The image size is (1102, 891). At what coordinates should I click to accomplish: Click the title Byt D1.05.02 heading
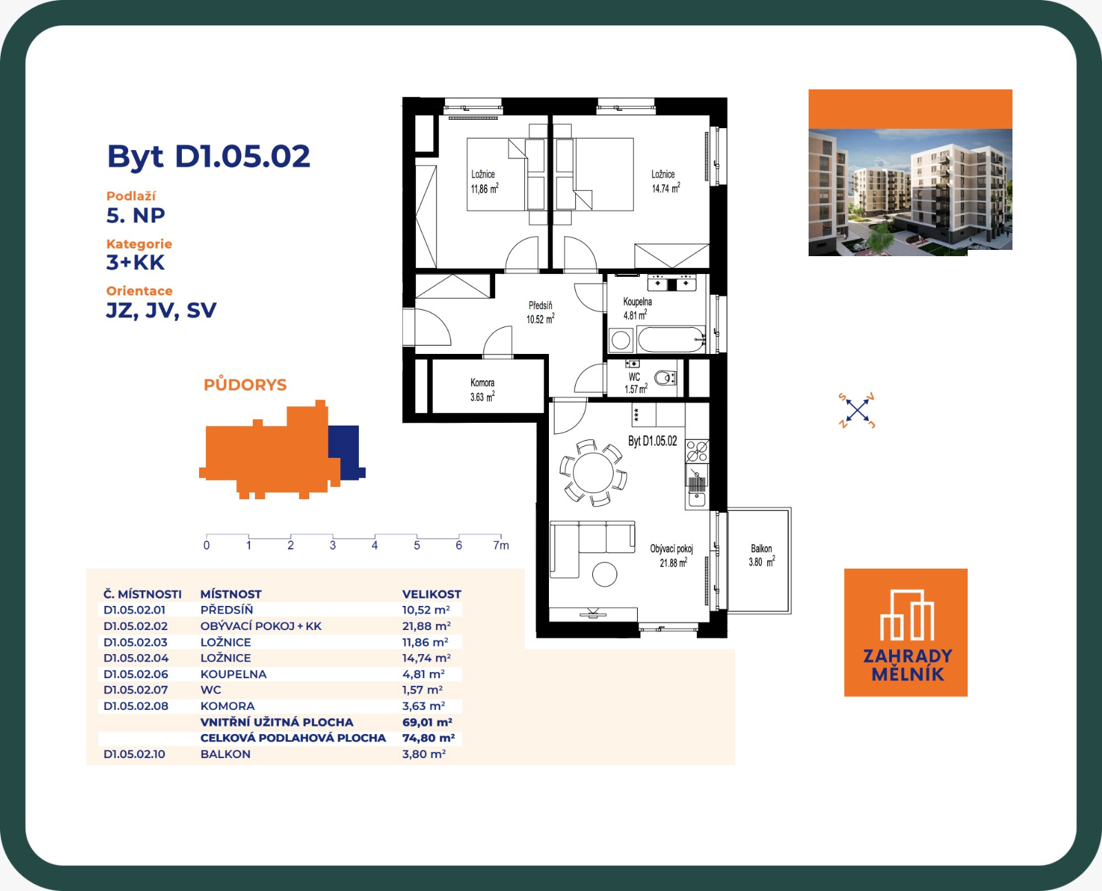pos(208,156)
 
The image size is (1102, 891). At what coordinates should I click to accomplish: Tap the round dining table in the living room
pos(593,472)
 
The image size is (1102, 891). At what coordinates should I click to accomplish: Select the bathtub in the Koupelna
pos(671,339)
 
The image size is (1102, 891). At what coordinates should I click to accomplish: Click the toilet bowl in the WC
pos(664,378)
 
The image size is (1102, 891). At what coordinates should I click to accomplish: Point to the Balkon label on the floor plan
pos(762,548)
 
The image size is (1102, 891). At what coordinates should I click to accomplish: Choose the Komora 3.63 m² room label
pos(482,390)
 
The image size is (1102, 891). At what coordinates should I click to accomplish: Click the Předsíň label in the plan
pos(540,306)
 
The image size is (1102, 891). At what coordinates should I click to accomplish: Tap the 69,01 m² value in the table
pos(427,722)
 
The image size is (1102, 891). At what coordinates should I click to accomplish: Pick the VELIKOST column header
pos(431,594)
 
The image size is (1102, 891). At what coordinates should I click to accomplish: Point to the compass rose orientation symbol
pos(857,410)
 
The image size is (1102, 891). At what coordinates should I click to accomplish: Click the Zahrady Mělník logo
pos(906,632)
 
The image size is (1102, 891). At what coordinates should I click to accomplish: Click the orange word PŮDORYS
pos(245,385)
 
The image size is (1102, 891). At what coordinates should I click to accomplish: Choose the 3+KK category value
pos(136,263)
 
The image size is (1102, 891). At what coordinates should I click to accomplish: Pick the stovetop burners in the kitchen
pos(697,451)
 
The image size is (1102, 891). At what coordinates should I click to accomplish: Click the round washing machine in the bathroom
pos(621,340)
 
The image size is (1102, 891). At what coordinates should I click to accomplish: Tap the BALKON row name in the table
pos(225,754)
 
